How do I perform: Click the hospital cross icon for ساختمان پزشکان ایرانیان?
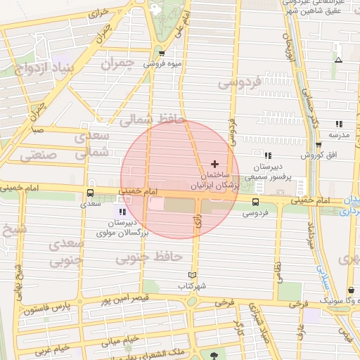tap(214, 163)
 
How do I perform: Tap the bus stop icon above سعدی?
tap(90, 193)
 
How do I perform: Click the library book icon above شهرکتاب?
tap(192, 275)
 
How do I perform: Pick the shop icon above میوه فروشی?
tap(162, 53)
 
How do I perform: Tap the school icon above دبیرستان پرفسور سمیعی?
tap(267, 155)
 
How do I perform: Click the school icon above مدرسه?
tap(339, 124)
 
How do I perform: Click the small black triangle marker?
tap(339, 60)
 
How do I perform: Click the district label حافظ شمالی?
tap(150, 121)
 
